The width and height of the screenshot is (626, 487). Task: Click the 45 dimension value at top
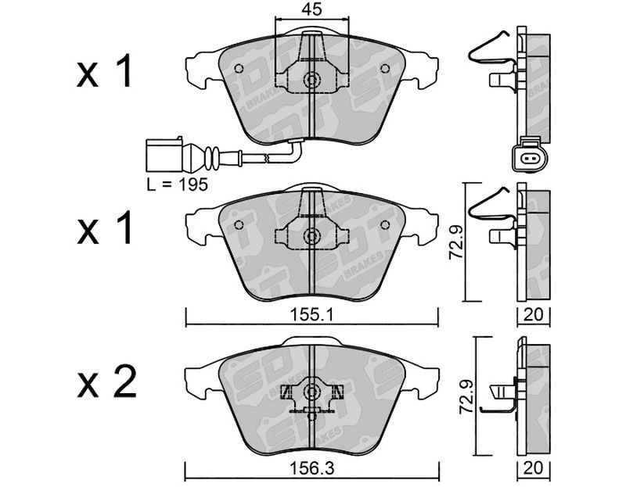pyautogui.click(x=311, y=11)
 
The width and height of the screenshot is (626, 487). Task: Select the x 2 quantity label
pyautogui.click(x=107, y=385)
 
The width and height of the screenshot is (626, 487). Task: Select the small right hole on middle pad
pyautogui.click(x=383, y=224)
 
